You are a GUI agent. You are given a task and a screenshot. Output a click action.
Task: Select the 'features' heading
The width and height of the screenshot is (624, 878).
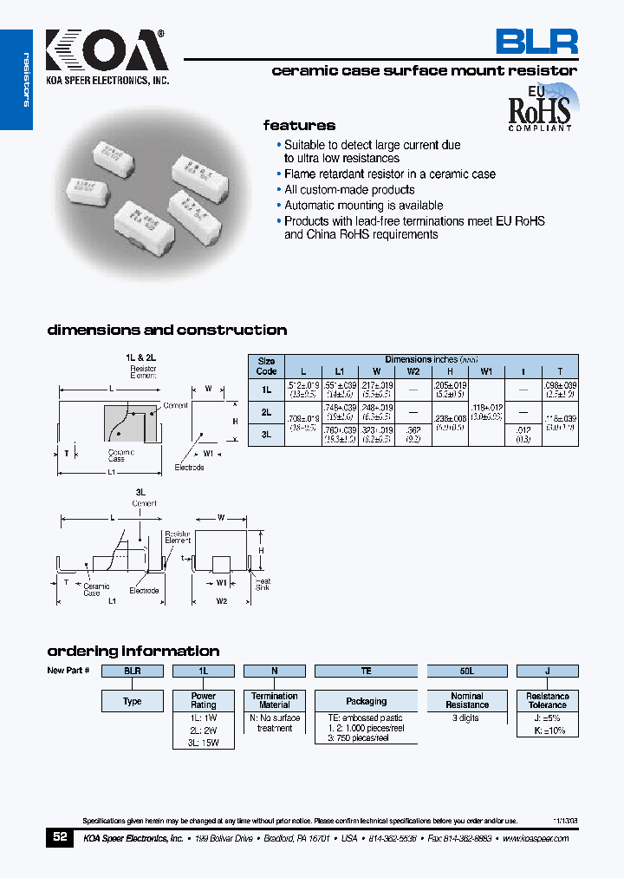coord(299,126)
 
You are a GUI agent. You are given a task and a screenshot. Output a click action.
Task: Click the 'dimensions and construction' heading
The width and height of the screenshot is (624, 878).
coord(166,331)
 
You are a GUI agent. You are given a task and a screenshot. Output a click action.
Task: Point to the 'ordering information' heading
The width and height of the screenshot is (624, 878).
coord(133,651)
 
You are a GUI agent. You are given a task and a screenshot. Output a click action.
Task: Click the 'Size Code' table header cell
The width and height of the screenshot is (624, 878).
coord(266,365)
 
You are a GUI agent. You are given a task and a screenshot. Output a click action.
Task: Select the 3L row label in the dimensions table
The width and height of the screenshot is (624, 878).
coord(266,436)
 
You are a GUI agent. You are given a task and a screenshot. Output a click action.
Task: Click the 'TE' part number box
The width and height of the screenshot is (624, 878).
coord(366,671)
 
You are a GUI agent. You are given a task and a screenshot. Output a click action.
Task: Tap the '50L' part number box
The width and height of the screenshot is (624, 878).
coord(466,671)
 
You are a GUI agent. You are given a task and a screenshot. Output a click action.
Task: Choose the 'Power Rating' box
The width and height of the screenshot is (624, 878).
coord(204,700)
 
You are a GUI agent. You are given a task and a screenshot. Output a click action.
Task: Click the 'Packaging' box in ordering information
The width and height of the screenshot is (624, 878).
coord(366,701)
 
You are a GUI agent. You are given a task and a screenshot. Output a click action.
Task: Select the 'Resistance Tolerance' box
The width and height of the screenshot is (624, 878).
coord(547,700)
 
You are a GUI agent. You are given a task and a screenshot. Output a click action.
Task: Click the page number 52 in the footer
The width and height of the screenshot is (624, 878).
coord(60,837)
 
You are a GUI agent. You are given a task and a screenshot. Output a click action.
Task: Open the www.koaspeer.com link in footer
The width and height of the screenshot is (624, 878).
coord(535,839)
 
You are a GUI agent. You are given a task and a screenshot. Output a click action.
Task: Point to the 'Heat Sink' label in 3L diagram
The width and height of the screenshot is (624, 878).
coord(262,585)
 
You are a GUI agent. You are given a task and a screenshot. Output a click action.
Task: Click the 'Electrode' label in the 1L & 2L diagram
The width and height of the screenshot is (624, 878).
coord(189,468)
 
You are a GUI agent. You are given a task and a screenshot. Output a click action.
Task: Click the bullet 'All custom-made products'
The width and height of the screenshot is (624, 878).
coord(349,190)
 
